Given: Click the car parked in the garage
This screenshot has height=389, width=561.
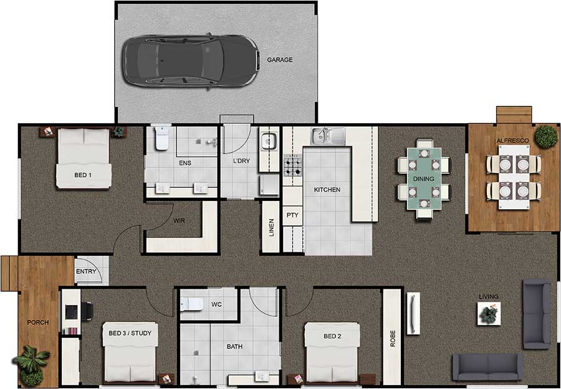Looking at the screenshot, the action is [190, 61].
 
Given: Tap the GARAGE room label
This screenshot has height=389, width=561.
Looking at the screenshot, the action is [280, 60].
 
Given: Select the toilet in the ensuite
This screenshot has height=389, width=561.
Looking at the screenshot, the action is [162, 138].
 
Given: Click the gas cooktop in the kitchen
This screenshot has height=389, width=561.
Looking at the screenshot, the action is [293, 166].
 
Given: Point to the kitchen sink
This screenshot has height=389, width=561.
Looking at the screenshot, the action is [328, 136].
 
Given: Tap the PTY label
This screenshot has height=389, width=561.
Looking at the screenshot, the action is [292, 215].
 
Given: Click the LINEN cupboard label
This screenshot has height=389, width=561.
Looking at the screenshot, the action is [271, 228].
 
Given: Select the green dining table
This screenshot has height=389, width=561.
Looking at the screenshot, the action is [424, 179].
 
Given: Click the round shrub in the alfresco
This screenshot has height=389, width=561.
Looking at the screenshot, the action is [546, 136].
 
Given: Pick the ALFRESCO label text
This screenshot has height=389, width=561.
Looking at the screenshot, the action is [512, 141].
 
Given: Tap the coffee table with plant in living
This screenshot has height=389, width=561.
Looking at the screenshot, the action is [489, 314].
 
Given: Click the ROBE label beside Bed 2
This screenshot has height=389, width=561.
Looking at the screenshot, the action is [393, 339].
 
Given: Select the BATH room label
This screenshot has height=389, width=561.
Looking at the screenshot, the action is [234, 347].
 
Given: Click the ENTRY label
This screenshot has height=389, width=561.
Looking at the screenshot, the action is [86, 271].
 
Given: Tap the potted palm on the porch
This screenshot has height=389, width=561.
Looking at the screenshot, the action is [32, 364].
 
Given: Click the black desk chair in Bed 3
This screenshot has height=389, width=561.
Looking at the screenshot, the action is [87, 311].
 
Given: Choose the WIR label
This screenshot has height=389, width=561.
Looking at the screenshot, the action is [179, 221].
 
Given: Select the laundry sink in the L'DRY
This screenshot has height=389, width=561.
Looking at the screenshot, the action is [269, 141].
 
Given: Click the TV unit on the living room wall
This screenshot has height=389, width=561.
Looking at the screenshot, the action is [413, 313].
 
